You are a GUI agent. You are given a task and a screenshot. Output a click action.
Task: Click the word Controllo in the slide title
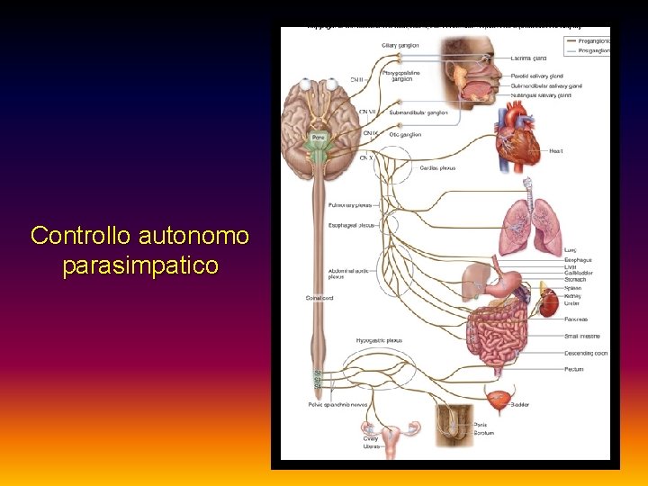[x=81, y=236]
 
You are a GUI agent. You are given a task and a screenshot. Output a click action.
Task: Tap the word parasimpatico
[x=140, y=266]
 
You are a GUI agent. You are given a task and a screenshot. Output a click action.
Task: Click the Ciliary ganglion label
[x=400, y=44]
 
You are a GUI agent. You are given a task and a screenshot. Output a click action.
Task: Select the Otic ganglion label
[x=405, y=134]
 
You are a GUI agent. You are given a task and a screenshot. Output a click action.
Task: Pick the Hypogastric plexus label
[x=379, y=340]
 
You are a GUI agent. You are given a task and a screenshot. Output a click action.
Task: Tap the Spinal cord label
[x=319, y=298]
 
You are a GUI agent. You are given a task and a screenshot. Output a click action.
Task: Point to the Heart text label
[x=556, y=151]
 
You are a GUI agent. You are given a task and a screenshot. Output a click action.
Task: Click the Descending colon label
[x=586, y=353]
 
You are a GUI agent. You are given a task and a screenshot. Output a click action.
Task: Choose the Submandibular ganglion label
[x=418, y=112]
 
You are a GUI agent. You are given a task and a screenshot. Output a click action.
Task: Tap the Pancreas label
[x=575, y=319]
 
